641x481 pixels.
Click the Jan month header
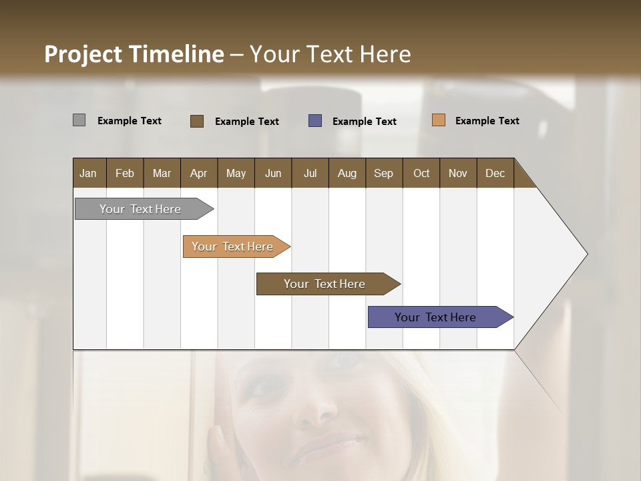89,173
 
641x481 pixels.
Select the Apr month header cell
199,173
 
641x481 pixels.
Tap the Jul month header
310,173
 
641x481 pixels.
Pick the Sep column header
384,173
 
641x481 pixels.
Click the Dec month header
495,173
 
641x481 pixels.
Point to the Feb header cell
125,173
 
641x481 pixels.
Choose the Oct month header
421,173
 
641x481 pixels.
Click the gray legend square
79,120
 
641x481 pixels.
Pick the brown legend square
197,121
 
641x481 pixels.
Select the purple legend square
315,121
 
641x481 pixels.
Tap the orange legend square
438,120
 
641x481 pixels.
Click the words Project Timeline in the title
134,54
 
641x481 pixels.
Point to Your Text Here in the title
330,54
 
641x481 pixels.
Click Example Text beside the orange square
487,121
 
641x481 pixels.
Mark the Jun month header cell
273,173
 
